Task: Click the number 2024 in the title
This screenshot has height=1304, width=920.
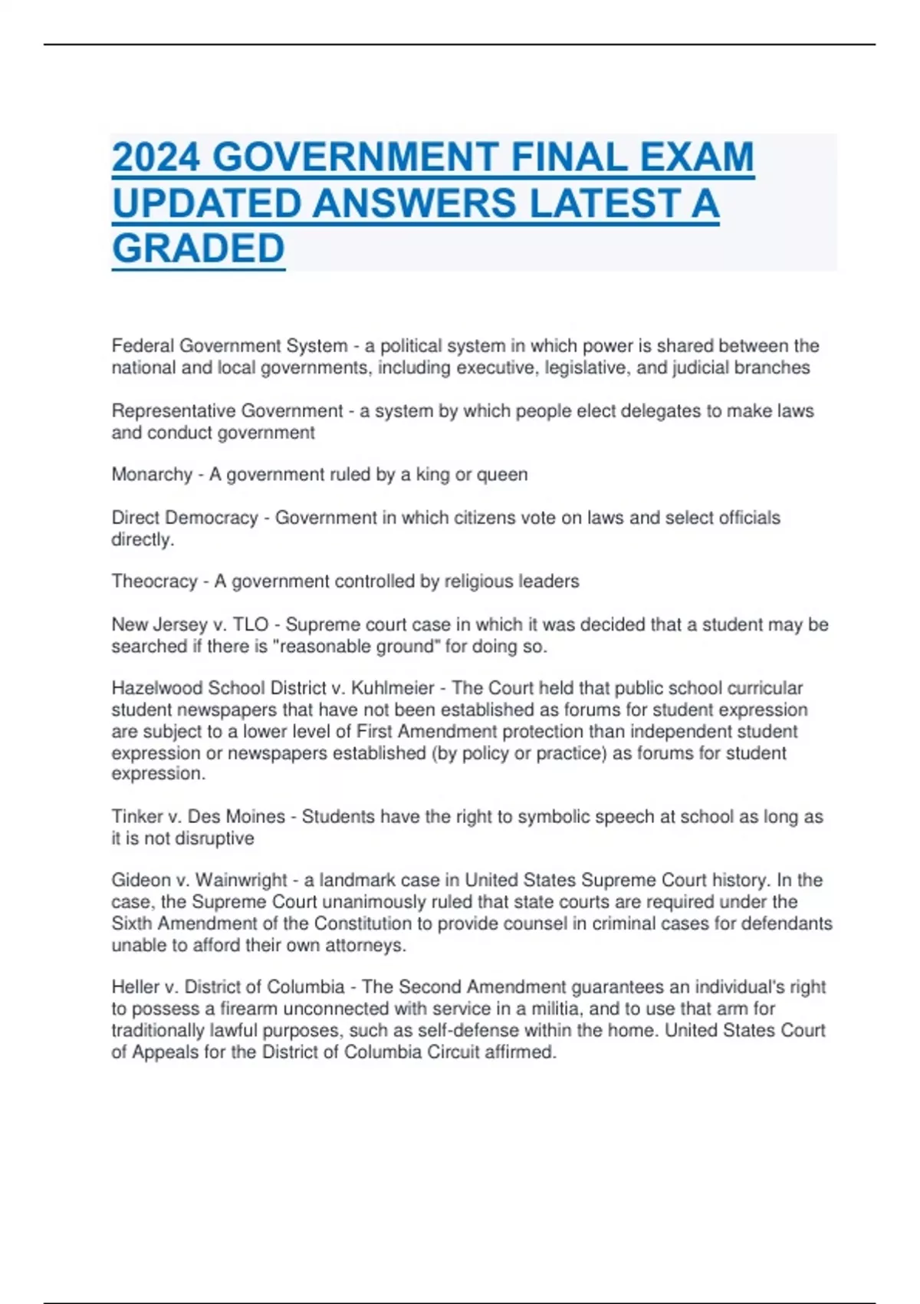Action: [x=156, y=158]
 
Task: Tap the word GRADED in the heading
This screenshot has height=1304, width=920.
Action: [x=198, y=249]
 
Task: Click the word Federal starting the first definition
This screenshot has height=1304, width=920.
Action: [x=143, y=346]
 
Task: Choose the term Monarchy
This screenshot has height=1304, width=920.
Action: [x=152, y=475]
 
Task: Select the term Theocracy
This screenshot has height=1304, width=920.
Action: [x=154, y=581]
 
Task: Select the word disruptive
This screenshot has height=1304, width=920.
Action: [x=215, y=838]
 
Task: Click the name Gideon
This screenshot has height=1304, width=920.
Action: [x=141, y=880]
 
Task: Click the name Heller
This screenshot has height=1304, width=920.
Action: [x=135, y=986]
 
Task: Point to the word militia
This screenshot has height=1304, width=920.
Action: [x=557, y=1008]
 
